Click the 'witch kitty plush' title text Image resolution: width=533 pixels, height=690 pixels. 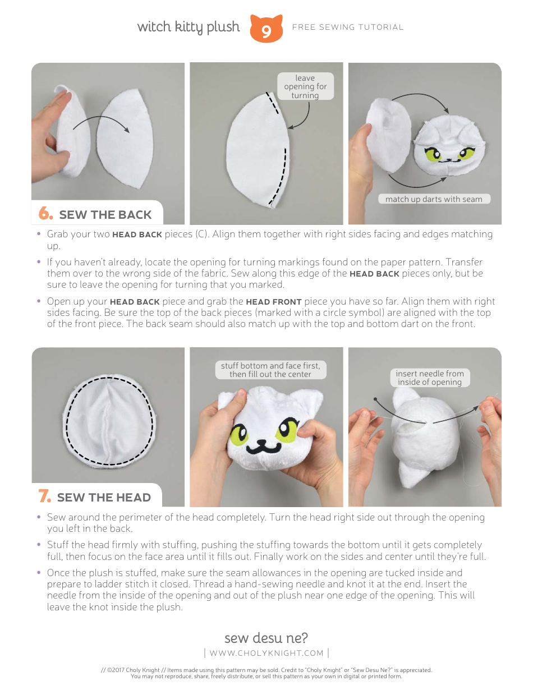pyautogui.click(x=188, y=27)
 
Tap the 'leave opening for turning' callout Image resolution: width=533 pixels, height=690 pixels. pyautogui.click(x=305, y=86)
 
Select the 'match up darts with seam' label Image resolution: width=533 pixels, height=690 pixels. pyautogui.click(x=434, y=199)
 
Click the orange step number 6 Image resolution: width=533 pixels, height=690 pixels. pyautogui.click(x=45, y=214)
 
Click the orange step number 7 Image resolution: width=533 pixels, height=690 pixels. pyautogui.click(x=44, y=496)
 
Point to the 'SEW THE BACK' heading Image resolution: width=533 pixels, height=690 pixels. pyautogui.click(x=105, y=215)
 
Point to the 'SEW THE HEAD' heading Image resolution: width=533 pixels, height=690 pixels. pyautogui.click(x=104, y=498)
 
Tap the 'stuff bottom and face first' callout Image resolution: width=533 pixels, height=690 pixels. pyautogui.click(x=270, y=370)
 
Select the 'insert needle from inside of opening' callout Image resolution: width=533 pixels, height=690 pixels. pyautogui.click(x=430, y=378)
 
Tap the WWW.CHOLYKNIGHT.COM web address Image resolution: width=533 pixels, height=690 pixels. pyautogui.click(x=266, y=653)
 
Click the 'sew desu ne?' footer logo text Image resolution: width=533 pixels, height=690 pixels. pyautogui.click(x=266, y=638)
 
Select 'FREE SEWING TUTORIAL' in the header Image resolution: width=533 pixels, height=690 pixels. pyautogui.click(x=348, y=27)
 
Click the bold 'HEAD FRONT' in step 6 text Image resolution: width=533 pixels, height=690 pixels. pyautogui.click(x=274, y=302)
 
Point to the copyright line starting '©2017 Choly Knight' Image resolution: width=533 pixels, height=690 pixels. pyautogui.click(x=266, y=670)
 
